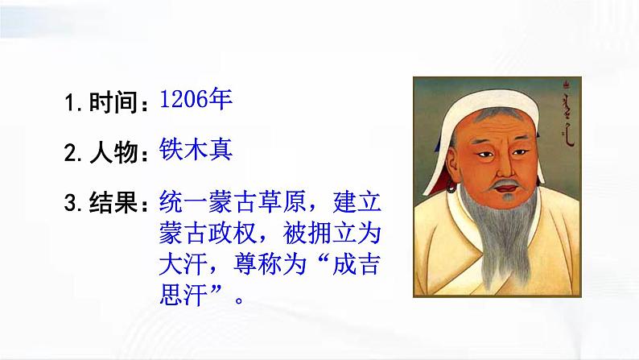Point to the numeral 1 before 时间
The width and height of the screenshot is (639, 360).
click(70, 103)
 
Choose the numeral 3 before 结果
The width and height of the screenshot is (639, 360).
click(71, 202)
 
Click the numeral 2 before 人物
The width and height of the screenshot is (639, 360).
click(71, 153)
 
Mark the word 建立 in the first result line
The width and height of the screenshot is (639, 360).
click(361, 201)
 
